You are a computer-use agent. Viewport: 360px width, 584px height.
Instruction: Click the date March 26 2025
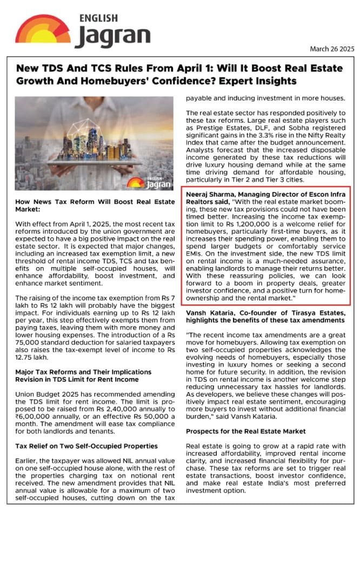click(332, 49)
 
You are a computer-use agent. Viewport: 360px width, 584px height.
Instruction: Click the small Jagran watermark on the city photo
click(147, 183)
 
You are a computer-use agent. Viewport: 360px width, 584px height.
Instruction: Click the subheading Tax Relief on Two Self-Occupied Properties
click(86, 446)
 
